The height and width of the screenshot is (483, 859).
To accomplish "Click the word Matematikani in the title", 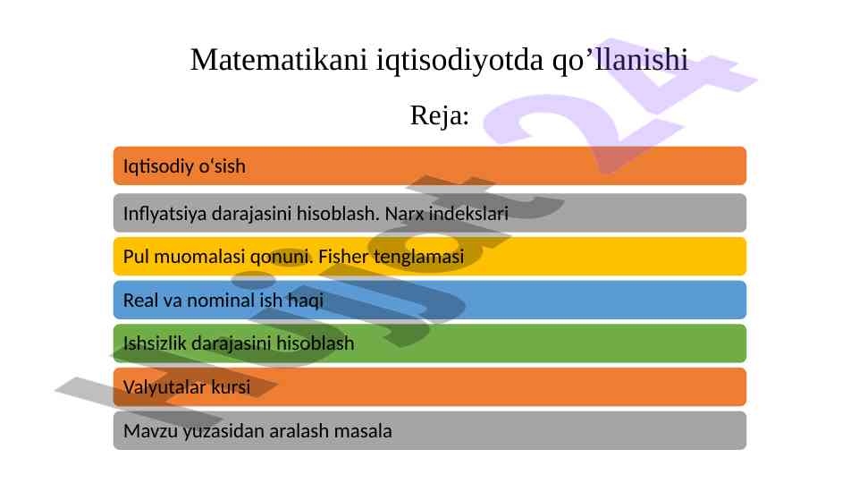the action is point(278,59).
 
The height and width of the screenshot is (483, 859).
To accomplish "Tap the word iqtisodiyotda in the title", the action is point(459,60).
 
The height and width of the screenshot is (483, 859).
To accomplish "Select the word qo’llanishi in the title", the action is point(619,60).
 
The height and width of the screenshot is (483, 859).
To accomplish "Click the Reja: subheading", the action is point(440,115).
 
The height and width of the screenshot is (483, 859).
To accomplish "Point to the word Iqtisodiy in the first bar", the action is point(158,166).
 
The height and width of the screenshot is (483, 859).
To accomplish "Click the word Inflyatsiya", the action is point(164,213).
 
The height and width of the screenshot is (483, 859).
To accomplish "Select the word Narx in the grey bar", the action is point(404,213).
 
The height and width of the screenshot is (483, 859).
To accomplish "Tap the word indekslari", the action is point(469,213).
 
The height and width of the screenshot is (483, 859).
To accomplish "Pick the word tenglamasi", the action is point(419,257).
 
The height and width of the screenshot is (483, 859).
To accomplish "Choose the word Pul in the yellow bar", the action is point(136,257).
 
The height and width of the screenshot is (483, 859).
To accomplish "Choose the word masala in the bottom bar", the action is point(363,431).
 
